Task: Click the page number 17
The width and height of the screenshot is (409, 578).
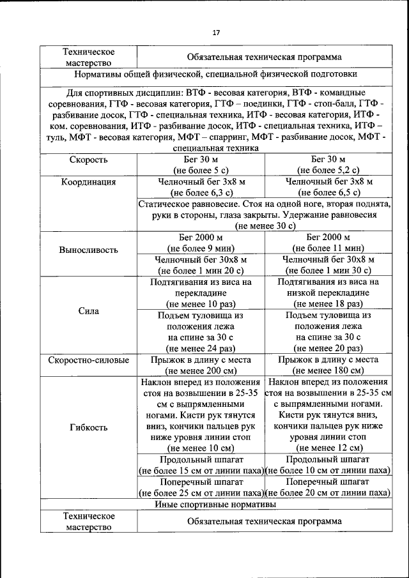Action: (216, 33)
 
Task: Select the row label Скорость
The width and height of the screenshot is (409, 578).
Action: (88, 160)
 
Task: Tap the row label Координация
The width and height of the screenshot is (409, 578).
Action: (88, 182)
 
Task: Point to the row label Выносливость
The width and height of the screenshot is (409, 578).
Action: (88, 249)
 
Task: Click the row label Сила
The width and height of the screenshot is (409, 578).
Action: (88, 312)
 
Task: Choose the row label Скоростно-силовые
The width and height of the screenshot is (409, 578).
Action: (88, 360)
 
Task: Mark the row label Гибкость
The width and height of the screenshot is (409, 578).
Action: (88, 427)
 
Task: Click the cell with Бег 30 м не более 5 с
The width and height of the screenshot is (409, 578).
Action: (201, 165)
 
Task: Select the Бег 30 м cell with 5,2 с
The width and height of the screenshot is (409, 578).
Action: (328, 165)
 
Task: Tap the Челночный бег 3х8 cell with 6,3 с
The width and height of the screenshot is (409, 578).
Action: (201, 186)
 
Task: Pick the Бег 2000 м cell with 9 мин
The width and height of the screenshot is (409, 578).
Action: (201, 243)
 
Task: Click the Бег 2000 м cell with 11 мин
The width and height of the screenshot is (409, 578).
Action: (328, 243)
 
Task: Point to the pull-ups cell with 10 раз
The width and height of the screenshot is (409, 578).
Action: (201, 293)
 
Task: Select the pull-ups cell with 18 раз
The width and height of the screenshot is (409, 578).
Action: (328, 293)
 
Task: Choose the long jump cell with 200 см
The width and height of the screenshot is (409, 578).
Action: (201, 365)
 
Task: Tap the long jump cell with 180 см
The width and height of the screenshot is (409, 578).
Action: (328, 365)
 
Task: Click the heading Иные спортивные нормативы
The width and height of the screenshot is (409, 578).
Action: (216, 505)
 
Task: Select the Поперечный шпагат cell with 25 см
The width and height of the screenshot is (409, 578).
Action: (201, 487)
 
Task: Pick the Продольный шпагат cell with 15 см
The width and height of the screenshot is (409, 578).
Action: (201, 466)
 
